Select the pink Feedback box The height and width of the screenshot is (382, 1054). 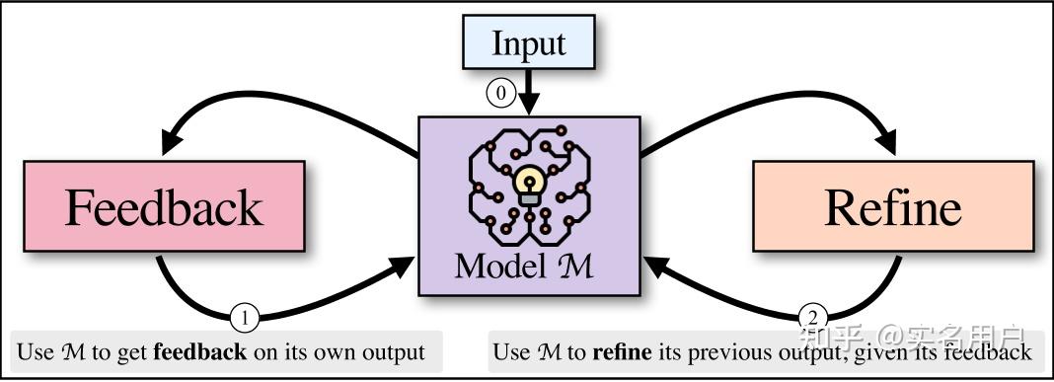(164, 206)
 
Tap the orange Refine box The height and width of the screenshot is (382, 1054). (892, 206)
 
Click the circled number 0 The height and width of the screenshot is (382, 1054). (501, 93)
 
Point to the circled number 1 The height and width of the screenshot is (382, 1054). (245, 318)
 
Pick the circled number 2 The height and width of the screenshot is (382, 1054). (812, 318)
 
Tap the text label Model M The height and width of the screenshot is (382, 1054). (524, 266)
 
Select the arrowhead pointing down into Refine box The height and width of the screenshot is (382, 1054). (883, 140)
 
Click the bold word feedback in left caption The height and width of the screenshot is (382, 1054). (200, 352)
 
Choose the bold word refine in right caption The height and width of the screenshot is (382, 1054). (622, 352)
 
